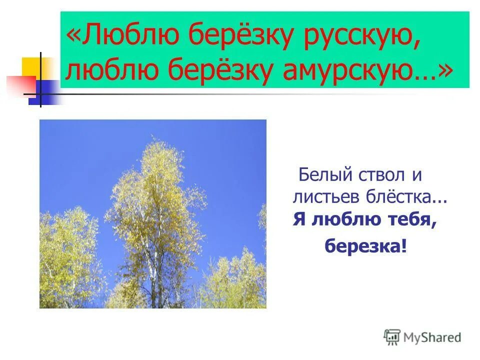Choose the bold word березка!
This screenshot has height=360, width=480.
click(366, 246)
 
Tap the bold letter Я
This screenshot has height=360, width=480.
click(298, 220)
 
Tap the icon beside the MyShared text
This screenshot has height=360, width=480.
click(392, 337)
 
